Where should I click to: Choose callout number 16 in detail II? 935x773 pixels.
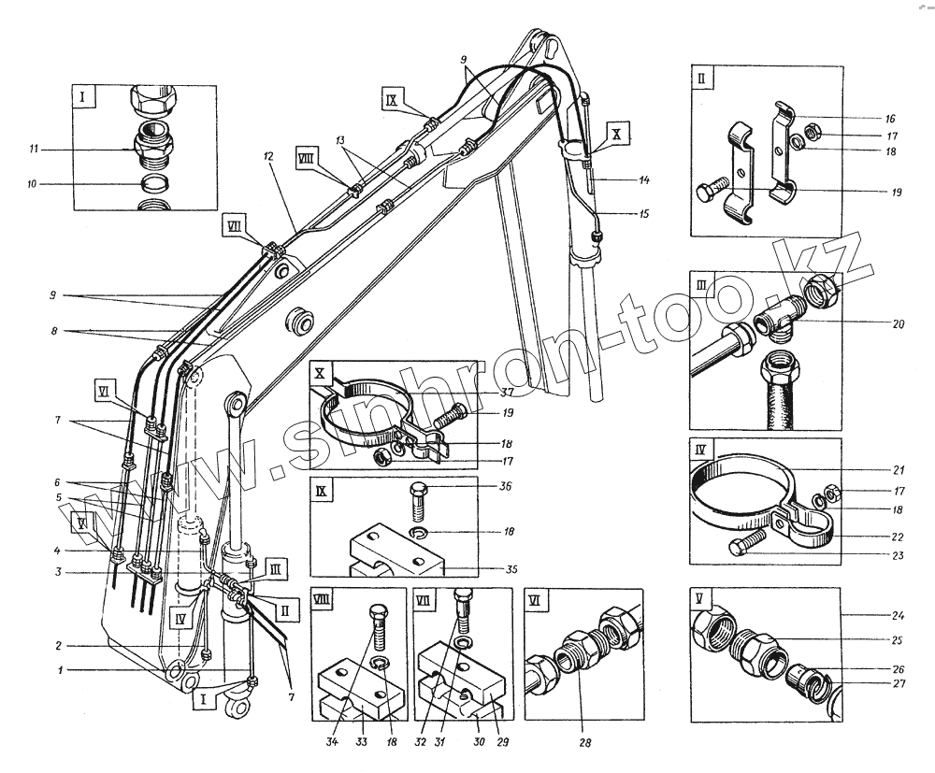(x=889, y=119)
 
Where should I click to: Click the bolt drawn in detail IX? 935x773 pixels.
(x=419, y=502)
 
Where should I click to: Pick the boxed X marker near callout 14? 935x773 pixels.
(x=618, y=134)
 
